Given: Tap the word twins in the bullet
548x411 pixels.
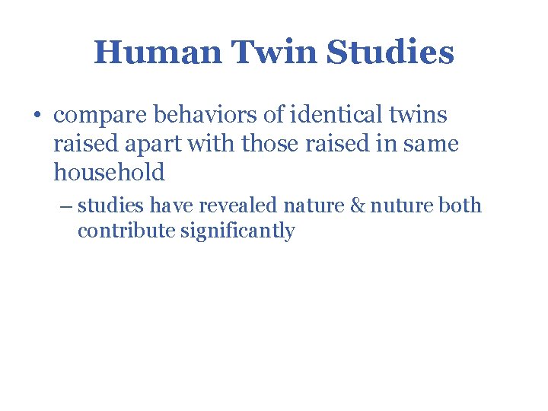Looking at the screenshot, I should click(418, 115).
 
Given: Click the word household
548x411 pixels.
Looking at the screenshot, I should click(109, 172).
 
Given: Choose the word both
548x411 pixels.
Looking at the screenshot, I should click(461, 205).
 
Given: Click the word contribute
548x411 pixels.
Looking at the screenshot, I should click(126, 231).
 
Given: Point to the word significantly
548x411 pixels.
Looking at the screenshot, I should click(237, 231).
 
